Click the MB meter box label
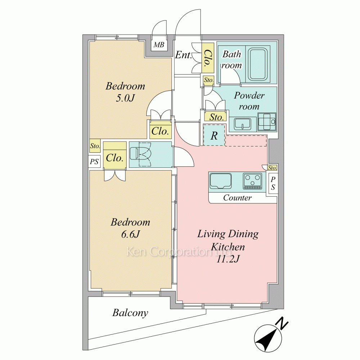click(159, 45)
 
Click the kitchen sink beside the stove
click(220, 181)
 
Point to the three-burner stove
click(253, 181)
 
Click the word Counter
click(237, 198)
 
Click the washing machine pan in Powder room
click(267, 121)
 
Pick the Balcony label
click(130, 313)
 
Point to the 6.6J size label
click(130, 234)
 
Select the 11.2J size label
click(228, 259)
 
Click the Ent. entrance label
click(183, 55)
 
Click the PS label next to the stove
click(273, 183)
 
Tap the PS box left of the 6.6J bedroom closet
click(94, 161)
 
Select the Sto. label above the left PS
click(95, 146)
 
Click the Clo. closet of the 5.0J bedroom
click(160, 131)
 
